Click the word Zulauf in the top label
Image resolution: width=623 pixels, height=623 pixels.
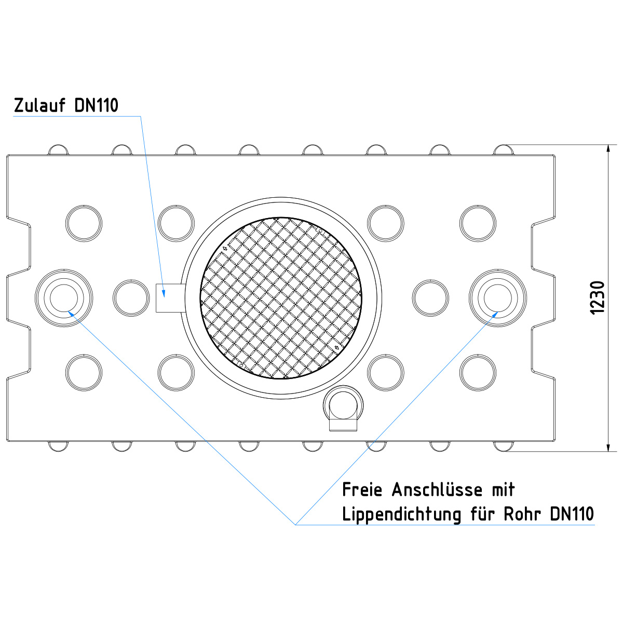pyautogui.click(x=39, y=105)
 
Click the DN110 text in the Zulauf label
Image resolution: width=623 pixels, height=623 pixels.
pyautogui.click(x=97, y=105)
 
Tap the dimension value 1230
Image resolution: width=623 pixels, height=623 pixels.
pyautogui.click(x=597, y=298)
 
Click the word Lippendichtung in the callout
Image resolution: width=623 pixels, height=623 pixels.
pyautogui.click(x=401, y=514)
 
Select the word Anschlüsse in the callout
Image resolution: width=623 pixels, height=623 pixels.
pyautogui.click(x=437, y=490)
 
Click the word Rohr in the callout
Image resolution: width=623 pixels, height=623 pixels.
pyautogui.click(x=522, y=514)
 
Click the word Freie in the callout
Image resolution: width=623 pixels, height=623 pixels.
pyautogui.click(x=362, y=490)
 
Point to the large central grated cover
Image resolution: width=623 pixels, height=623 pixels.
pyautogui.click(x=281, y=298)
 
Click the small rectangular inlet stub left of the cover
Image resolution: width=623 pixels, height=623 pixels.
pyautogui.click(x=170, y=298)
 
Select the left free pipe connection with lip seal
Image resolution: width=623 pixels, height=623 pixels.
pyautogui.click(x=64, y=298)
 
